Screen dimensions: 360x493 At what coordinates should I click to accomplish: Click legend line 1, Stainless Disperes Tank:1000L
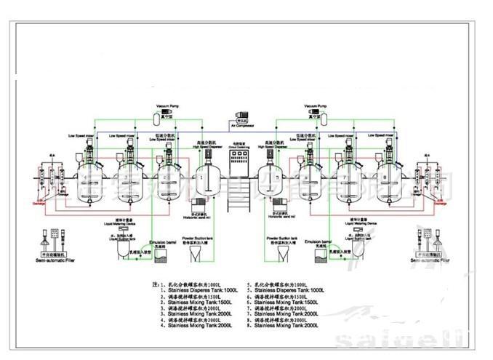point(191,290)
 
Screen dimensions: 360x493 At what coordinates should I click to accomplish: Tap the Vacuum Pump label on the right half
point(313,106)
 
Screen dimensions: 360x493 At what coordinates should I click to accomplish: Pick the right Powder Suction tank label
point(280,237)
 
